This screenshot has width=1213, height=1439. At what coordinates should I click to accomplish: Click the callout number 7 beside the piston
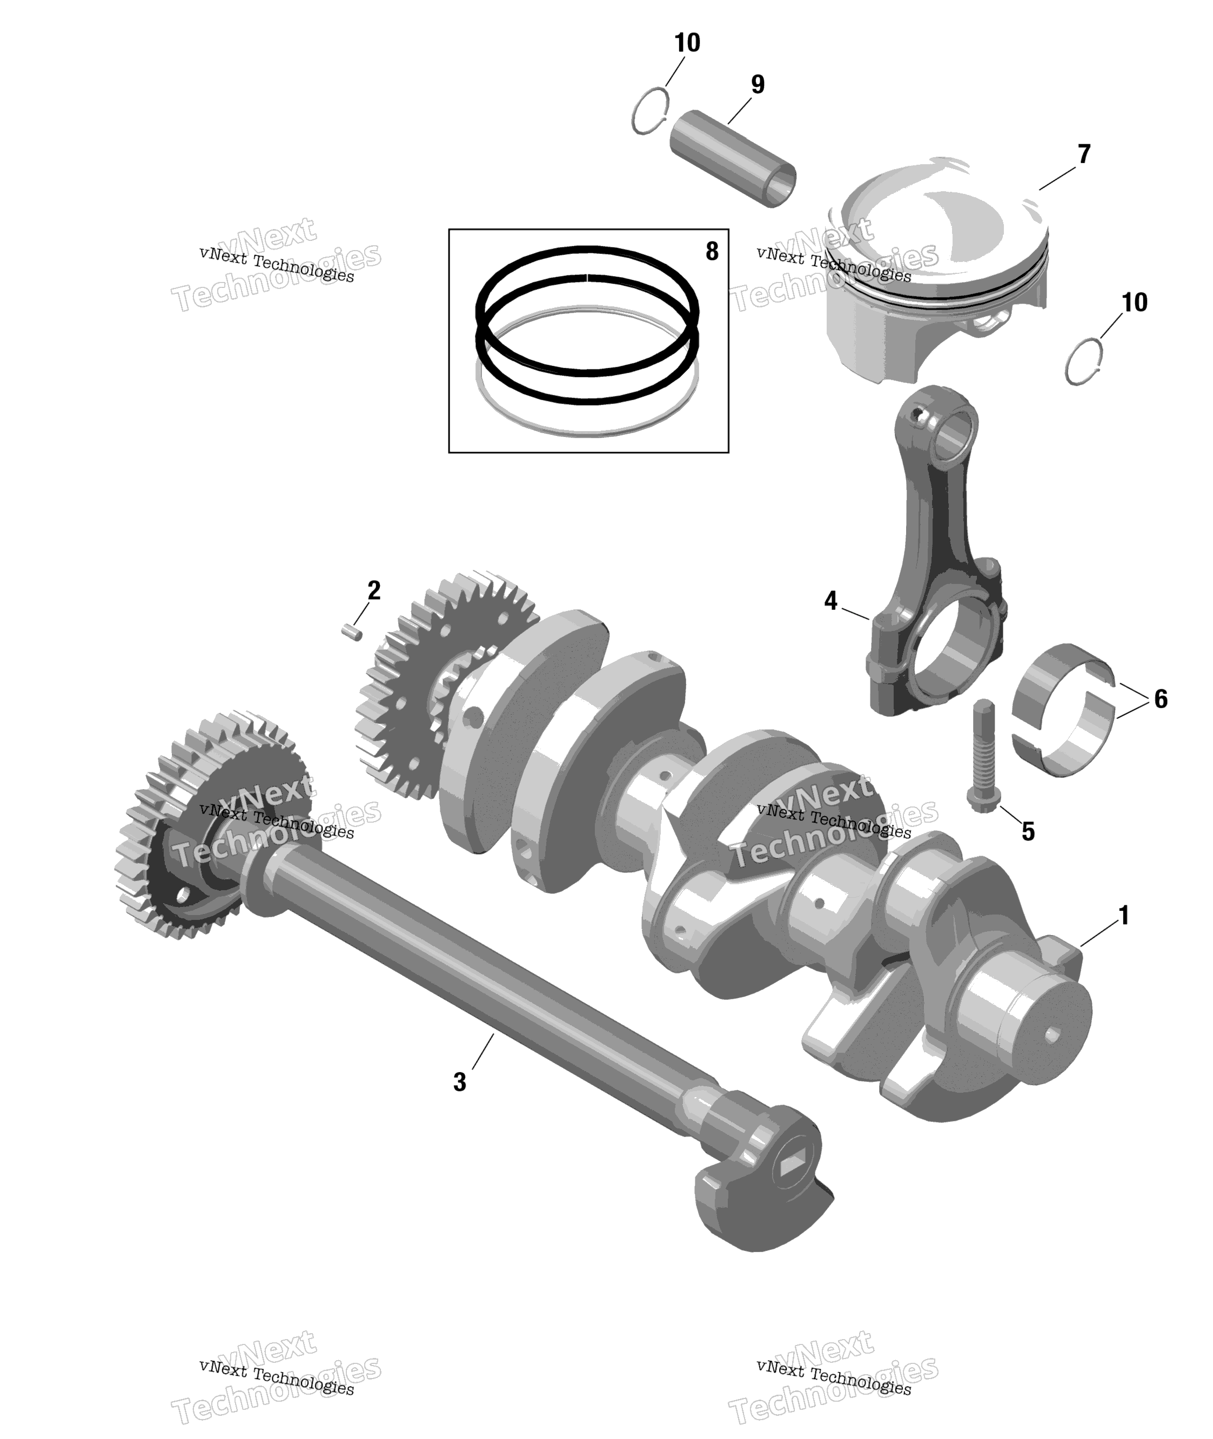point(1084,154)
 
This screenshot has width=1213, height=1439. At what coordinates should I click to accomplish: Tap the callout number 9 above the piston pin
point(757,85)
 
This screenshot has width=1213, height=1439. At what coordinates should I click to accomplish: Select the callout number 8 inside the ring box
point(712,252)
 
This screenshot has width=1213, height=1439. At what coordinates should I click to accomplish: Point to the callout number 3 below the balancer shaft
point(460,1081)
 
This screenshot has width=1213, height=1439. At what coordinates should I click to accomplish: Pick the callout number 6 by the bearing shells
point(1161,699)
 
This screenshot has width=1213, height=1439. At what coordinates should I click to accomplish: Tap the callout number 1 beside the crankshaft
point(1124,916)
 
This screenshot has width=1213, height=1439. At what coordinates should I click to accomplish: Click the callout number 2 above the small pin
point(373,590)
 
